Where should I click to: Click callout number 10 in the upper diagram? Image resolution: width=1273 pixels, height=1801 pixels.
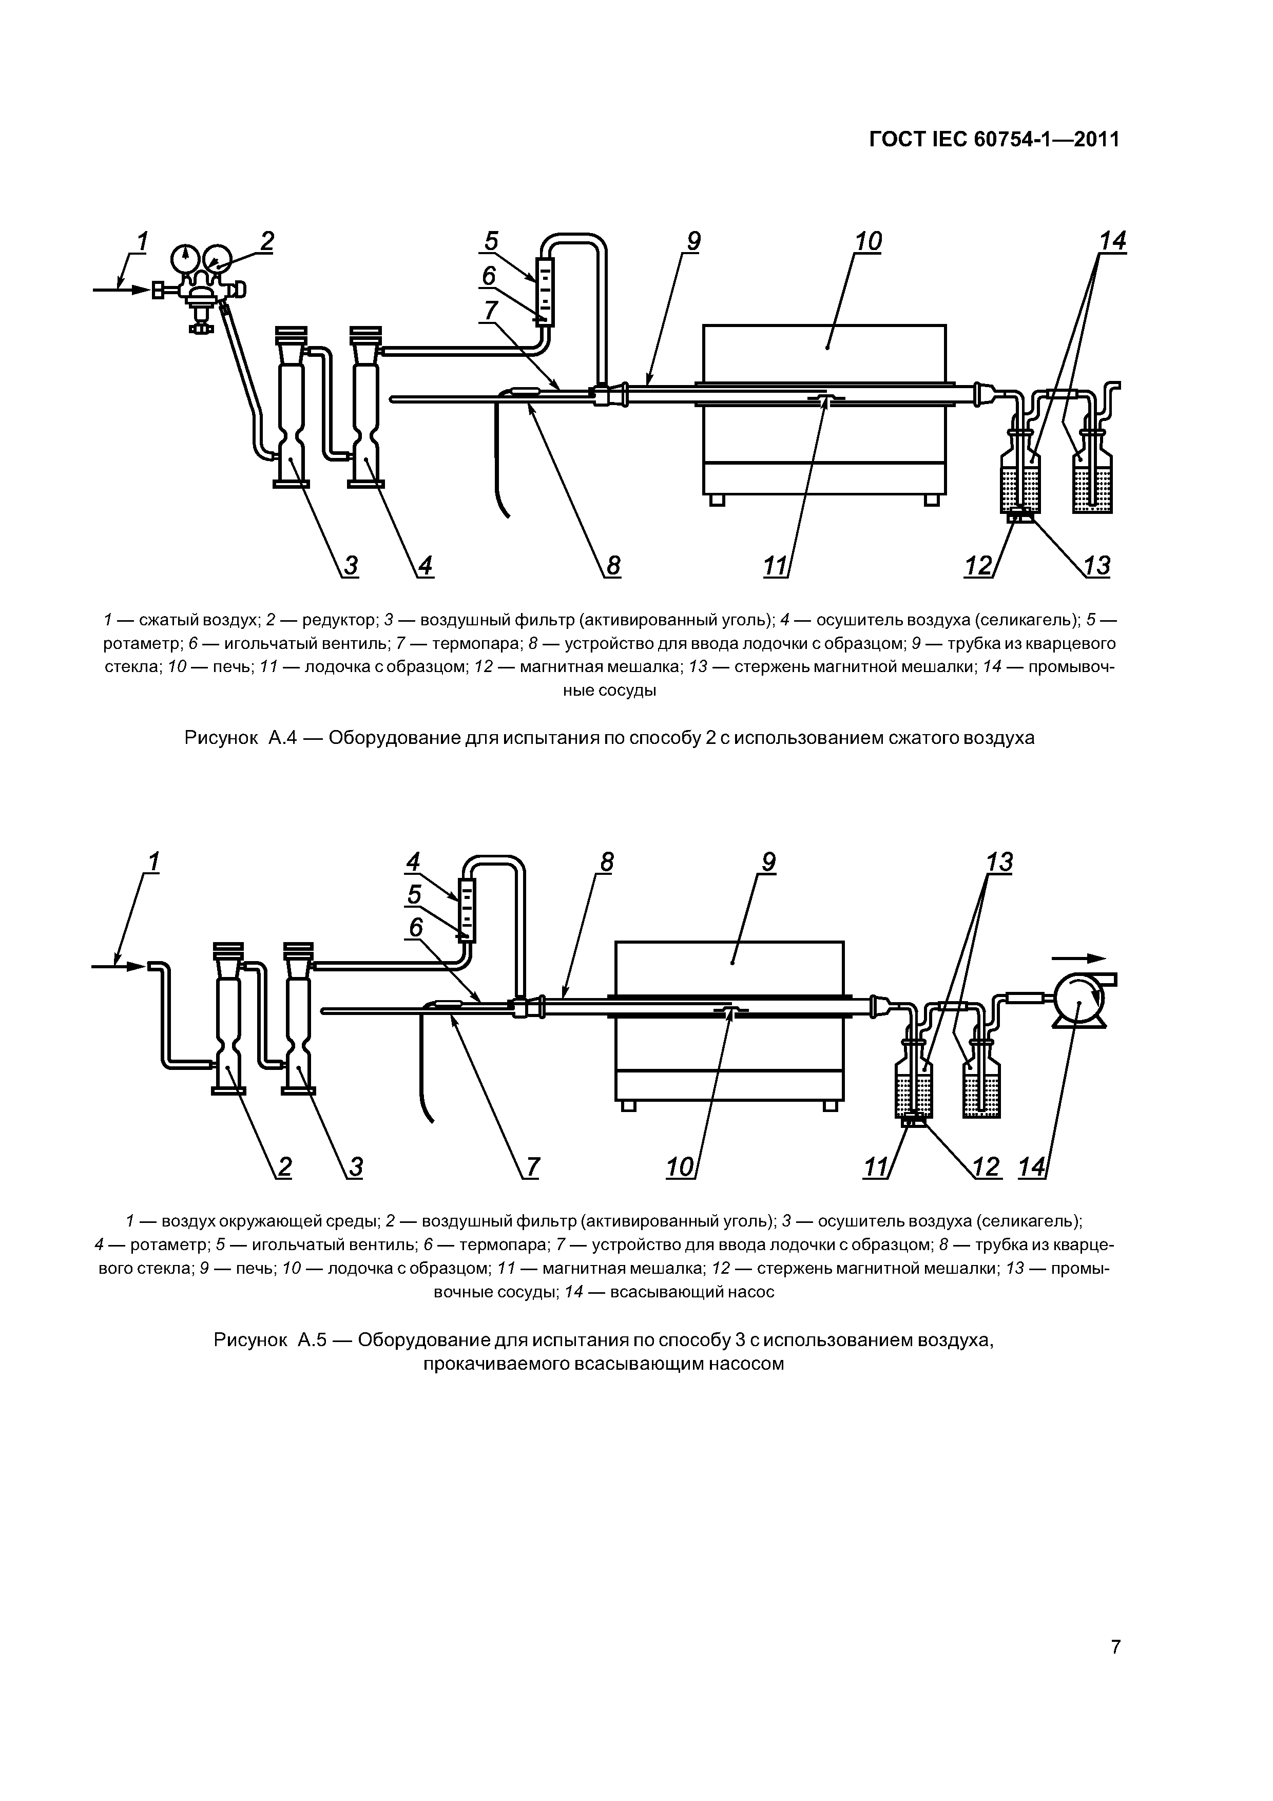click(869, 242)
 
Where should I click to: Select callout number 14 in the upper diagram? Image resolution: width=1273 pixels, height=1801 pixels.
click(1112, 242)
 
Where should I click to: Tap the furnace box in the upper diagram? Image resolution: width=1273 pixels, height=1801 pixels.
click(823, 410)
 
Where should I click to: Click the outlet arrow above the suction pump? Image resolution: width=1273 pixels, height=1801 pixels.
click(1079, 958)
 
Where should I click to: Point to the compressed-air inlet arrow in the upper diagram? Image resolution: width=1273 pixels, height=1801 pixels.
click(122, 290)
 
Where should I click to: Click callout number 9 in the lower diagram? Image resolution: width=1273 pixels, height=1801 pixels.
click(768, 863)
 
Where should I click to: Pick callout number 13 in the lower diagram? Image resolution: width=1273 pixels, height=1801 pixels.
click(999, 863)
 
